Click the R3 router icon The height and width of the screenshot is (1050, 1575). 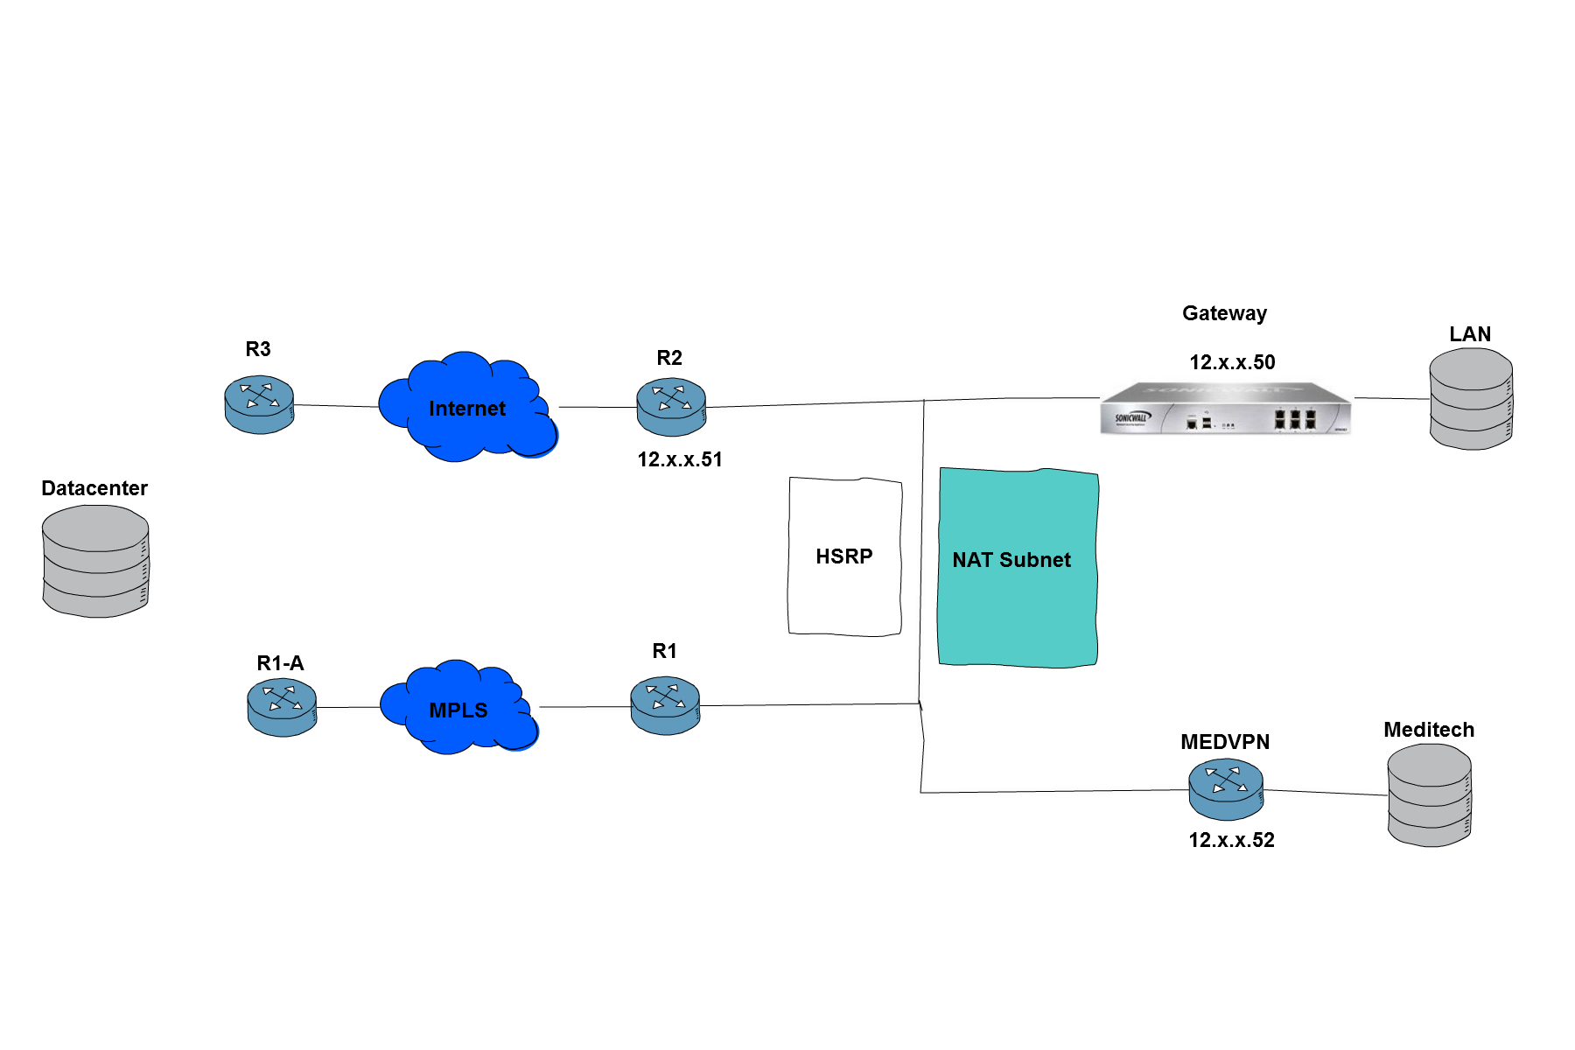(259, 405)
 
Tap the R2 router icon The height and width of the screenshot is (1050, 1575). (671, 407)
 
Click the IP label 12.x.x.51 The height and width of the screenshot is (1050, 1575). (680, 459)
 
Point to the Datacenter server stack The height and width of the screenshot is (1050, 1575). (95, 562)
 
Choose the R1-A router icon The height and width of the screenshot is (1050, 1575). (282, 707)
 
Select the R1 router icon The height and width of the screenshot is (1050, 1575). (665, 705)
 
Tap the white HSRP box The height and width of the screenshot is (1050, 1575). (844, 556)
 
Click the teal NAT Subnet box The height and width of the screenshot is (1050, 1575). (1018, 568)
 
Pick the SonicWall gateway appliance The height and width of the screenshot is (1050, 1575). (1226, 408)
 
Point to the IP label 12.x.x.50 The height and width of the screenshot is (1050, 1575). (1232, 362)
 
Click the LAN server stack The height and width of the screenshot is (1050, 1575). (1471, 399)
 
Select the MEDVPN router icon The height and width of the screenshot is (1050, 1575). (1226, 789)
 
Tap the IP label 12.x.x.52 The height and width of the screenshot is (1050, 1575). (1231, 840)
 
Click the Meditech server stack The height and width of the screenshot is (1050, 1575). (1430, 794)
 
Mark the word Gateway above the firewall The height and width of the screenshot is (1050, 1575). (1224, 313)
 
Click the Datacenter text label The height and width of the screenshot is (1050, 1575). (94, 488)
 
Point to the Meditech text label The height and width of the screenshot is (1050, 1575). (1429, 730)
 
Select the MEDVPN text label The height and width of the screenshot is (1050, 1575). (1225, 742)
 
